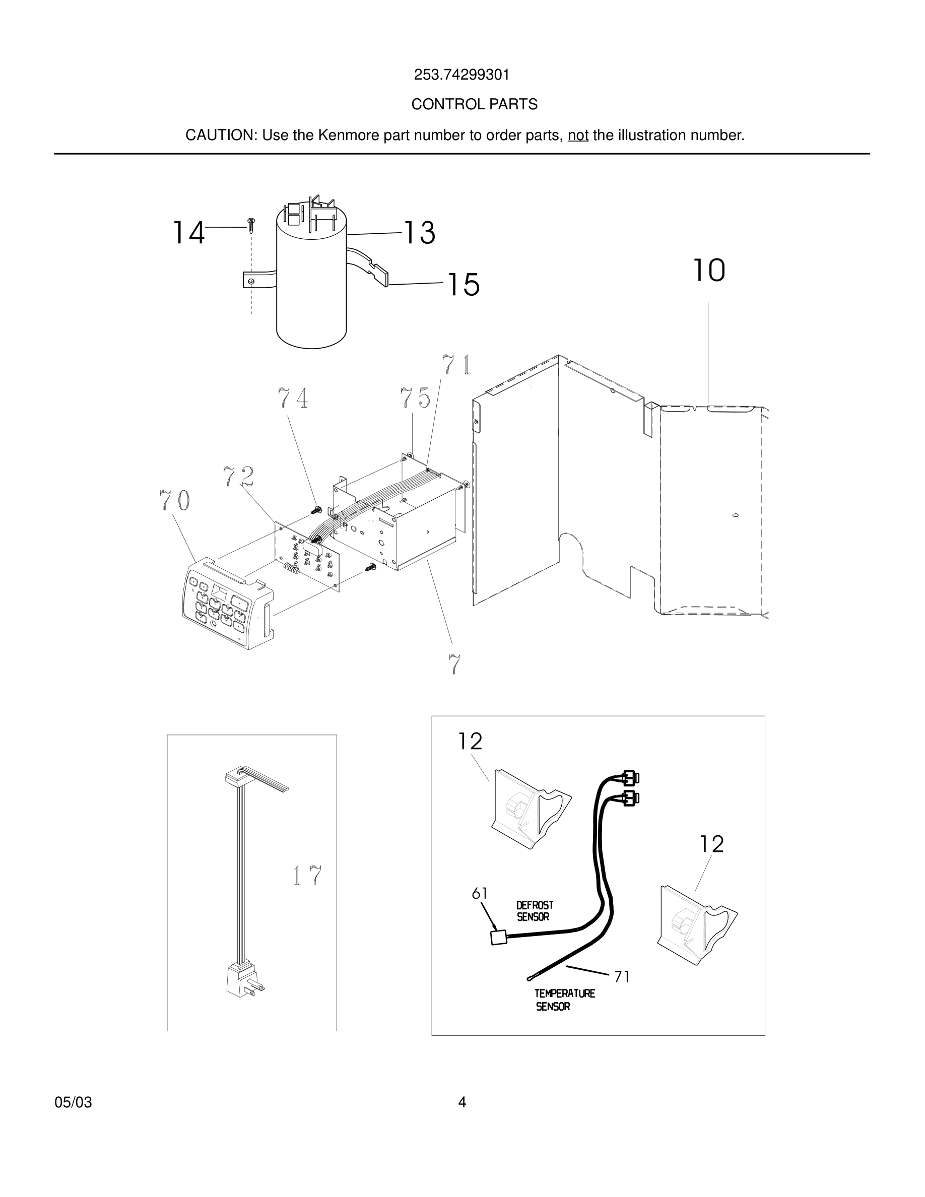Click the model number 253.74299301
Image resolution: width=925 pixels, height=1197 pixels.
point(461,75)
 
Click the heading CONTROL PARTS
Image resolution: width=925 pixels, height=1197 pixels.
point(474,104)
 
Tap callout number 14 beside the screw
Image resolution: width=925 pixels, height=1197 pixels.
point(188,233)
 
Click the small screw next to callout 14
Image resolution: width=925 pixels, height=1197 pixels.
point(251,225)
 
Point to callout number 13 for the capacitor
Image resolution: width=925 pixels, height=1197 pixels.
point(419,233)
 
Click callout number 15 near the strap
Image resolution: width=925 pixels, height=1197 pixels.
point(464,285)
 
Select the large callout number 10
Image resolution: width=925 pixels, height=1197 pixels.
point(709,271)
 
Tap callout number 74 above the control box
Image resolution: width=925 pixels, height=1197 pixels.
point(293,398)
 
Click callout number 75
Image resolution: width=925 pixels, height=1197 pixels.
point(415,398)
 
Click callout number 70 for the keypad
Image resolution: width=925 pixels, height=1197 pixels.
point(175,500)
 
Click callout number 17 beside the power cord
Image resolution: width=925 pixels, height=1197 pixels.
point(307,876)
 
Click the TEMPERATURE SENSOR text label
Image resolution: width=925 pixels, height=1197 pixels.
point(564,999)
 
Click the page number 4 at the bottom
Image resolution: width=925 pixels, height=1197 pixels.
point(462,1102)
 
